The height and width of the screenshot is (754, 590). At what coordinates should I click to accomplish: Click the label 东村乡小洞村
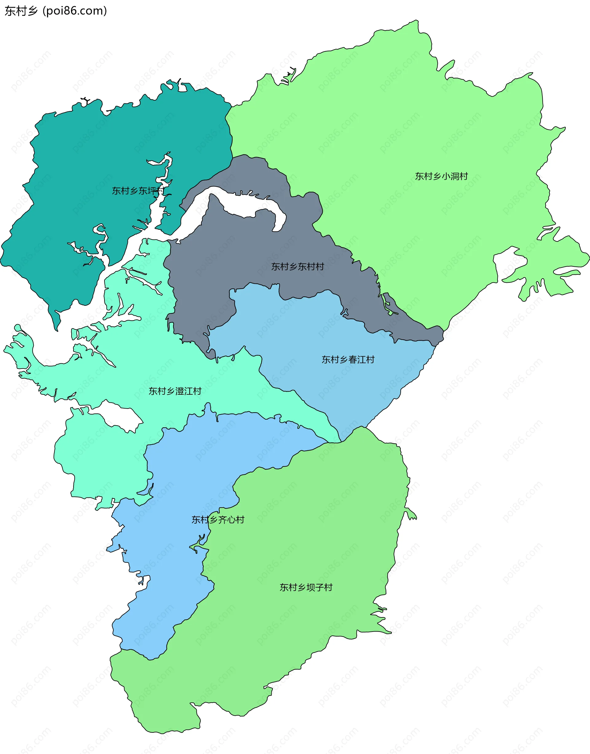tap(441, 176)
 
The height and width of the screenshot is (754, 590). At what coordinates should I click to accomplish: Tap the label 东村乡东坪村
tap(138, 190)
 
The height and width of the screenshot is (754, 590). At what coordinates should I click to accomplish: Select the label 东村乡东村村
tap(297, 266)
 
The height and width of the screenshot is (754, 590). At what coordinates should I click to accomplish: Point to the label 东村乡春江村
tap(348, 360)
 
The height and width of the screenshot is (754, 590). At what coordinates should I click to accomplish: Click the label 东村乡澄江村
tap(175, 391)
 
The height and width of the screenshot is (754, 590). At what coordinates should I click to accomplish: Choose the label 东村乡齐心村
tap(218, 520)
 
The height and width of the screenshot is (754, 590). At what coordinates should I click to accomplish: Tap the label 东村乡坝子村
tap(306, 587)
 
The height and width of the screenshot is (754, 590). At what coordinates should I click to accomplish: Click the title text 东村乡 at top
tap(21, 11)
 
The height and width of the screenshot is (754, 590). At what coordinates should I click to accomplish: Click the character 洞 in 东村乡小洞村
tap(454, 176)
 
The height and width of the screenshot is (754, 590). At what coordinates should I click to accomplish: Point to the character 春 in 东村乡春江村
tap(353, 360)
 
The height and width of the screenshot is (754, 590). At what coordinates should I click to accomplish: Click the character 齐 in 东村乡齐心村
tap(222, 520)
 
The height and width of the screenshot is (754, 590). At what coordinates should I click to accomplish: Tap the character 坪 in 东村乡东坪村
tap(151, 190)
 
